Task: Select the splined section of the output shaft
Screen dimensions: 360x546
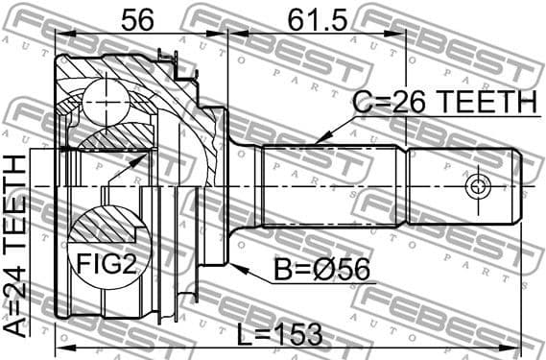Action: [336, 184]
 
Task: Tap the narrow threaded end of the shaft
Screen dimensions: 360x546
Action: [465, 184]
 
